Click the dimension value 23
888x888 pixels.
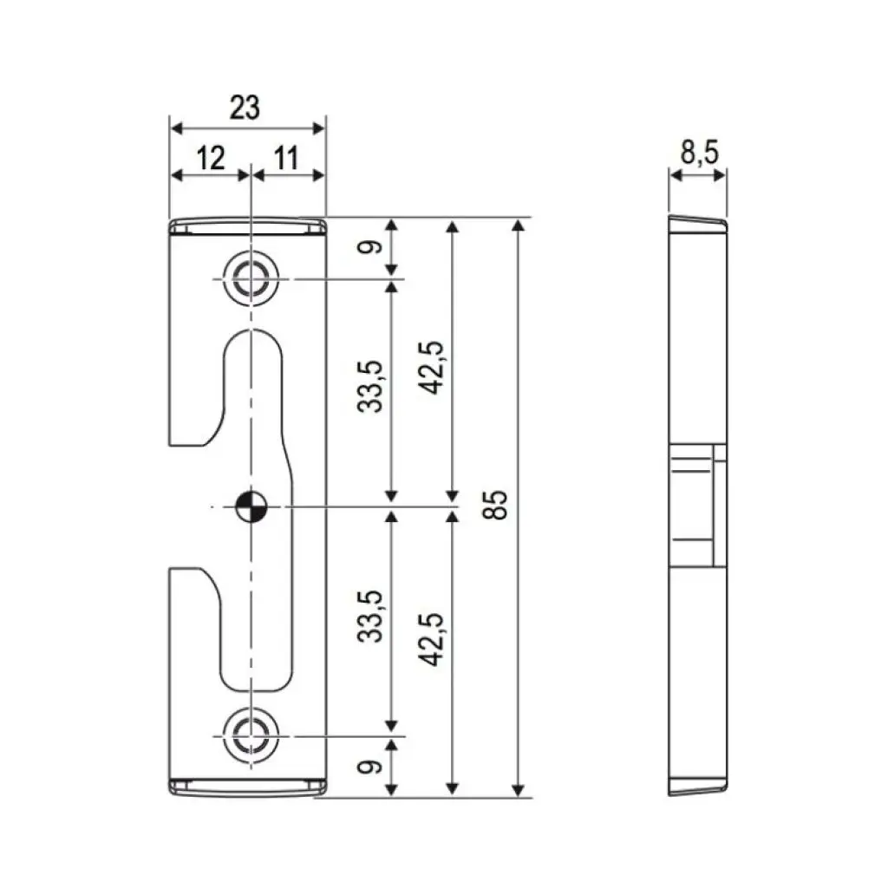[245, 108]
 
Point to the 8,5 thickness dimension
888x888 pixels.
[699, 153]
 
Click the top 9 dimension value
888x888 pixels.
[372, 247]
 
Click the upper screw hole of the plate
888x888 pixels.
[251, 280]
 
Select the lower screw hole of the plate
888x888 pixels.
[251, 735]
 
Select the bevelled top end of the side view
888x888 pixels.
[697, 223]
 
